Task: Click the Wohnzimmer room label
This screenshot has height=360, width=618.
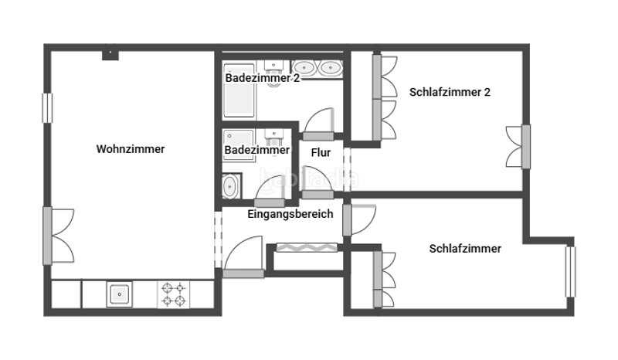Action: [131, 149]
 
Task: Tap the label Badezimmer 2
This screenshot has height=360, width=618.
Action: [262, 78]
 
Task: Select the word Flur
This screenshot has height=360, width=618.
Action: [321, 152]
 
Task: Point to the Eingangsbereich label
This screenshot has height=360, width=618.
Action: [290, 214]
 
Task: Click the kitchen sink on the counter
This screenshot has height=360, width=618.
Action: [119, 294]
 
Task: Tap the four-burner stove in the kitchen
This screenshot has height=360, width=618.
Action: [173, 294]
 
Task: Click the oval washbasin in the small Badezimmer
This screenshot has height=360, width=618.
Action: [230, 185]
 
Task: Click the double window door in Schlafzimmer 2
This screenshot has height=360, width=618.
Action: [525, 145]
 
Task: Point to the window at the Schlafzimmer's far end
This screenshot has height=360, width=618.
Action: [571, 271]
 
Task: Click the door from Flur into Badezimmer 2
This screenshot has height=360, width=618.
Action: [318, 124]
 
